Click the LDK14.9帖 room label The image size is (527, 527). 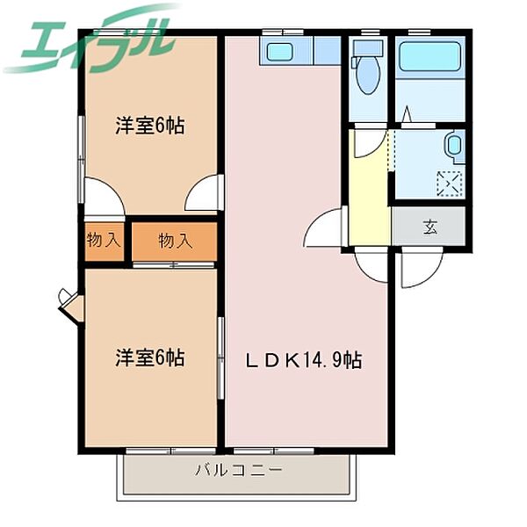click(x=303, y=359)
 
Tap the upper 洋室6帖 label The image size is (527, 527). click(x=150, y=126)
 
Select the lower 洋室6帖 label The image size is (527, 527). click(x=150, y=358)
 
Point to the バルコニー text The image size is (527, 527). click(x=239, y=471)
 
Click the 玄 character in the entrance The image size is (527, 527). click(x=430, y=227)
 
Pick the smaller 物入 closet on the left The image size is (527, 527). click(x=104, y=240)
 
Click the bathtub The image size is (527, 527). click(x=430, y=56)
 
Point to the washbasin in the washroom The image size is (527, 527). click(x=454, y=146)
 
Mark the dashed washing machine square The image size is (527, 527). click(x=450, y=184)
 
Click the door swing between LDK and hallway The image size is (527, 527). click(x=327, y=230)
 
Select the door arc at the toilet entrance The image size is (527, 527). click(x=372, y=145)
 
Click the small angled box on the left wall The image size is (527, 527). click(x=69, y=303)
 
